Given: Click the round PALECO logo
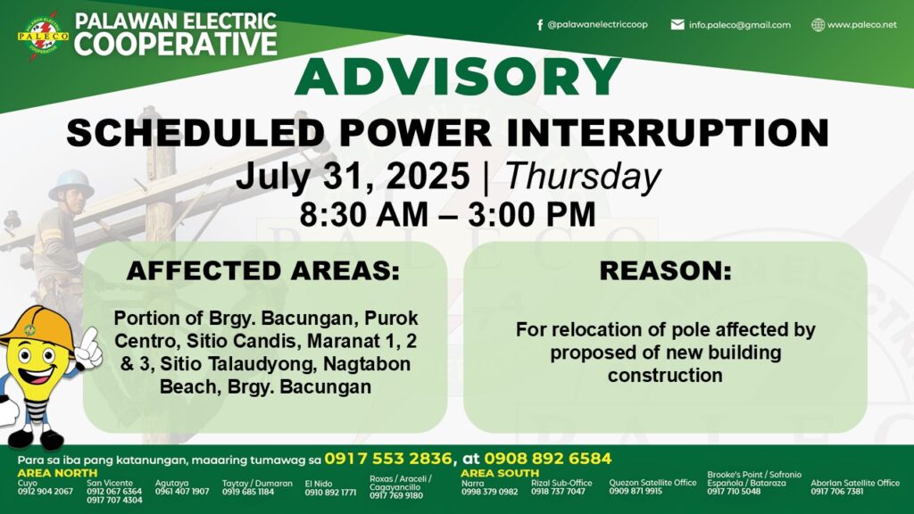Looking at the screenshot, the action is point(43,37).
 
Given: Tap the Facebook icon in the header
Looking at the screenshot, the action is point(540,25).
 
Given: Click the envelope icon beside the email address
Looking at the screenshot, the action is point(677,24).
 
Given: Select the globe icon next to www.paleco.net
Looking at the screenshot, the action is point(818,24).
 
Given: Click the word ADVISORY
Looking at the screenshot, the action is point(458,77).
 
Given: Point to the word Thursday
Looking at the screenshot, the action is point(583,176).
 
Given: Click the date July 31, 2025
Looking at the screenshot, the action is point(353,176).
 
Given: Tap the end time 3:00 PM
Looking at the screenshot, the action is point(532,214).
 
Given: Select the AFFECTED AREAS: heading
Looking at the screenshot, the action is point(263,271).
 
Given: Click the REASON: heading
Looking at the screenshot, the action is point(665,271).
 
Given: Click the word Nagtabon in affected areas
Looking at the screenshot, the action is point(367,364).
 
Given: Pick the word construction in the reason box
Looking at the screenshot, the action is point(665,376).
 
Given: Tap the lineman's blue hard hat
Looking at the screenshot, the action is point(71,183).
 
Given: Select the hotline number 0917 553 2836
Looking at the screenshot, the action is point(387,459).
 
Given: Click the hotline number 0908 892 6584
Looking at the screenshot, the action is point(547,459).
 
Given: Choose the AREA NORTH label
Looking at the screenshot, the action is point(57,473).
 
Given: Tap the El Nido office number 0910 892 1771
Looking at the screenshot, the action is point(330,493).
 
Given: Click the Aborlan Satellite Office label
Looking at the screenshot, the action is point(855,483).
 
